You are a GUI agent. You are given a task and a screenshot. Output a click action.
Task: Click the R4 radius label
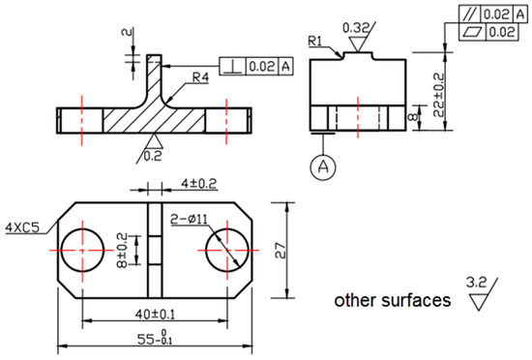[200, 77]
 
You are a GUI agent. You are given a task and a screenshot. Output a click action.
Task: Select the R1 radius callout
[315, 41]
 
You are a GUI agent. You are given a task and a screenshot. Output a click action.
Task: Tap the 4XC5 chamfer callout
[22, 227]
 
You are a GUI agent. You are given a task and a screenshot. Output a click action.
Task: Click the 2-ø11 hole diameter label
[189, 219]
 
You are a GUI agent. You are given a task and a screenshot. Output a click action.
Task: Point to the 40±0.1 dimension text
[155, 315]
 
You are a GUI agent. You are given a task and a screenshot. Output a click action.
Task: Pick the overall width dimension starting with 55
[155, 339]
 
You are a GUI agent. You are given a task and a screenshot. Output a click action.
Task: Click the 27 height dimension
[281, 251]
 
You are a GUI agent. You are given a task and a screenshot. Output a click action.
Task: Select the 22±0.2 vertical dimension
[438, 95]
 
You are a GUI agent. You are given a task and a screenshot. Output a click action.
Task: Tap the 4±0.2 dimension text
[198, 184]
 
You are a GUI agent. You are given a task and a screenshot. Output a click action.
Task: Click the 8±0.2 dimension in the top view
[122, 250]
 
